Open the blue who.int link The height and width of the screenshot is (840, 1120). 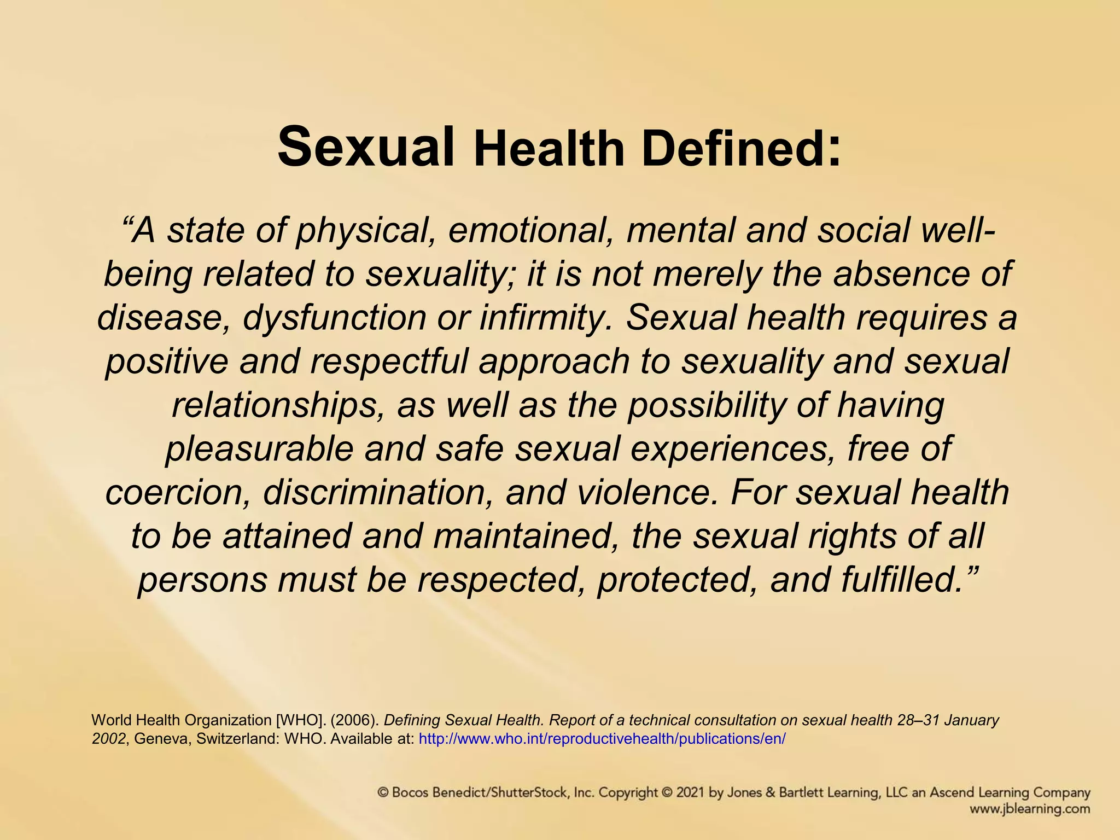(602, 739)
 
